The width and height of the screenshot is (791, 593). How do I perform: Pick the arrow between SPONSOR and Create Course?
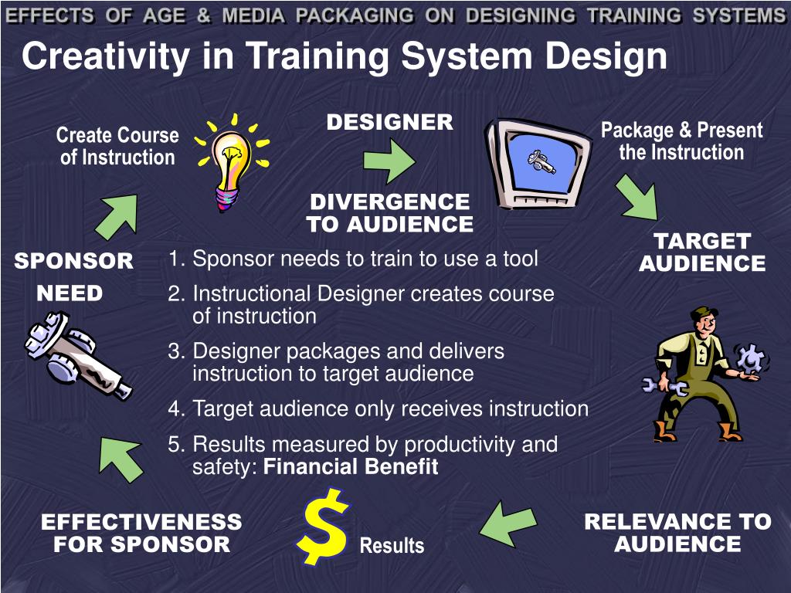click(x=117, y=215)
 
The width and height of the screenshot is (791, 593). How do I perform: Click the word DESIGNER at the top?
click(x=389, y=122)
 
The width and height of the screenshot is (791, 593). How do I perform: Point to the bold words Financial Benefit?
click(x=351, y=467)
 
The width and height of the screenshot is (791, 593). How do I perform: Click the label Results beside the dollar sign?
click(x=392, y=545)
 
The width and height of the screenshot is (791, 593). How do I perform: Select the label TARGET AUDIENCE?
click(x=701, y=252)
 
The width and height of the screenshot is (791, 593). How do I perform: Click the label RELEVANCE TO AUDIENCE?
click(x=677, y=533)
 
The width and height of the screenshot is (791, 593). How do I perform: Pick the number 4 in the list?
click(x=175, y=408)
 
